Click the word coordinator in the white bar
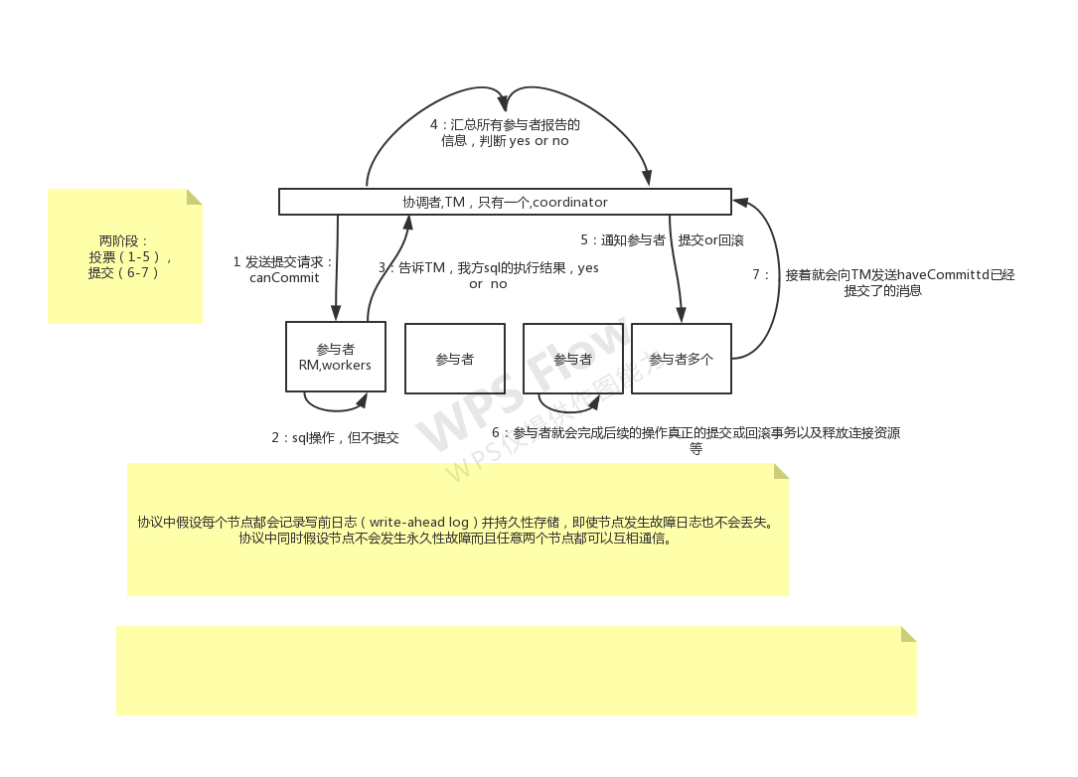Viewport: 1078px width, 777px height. (x=570, y=202)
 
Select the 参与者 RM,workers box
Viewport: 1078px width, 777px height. (x=335, y=358)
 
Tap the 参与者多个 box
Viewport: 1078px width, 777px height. (x=682, y=359)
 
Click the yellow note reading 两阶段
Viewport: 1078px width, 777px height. (x=124, y=256)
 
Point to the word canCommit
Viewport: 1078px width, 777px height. (x=284, y=277)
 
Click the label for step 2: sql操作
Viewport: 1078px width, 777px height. (x=335, y=437)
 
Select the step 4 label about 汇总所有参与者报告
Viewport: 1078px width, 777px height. (x=505, y=133)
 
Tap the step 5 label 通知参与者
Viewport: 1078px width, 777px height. (x=662, y=240)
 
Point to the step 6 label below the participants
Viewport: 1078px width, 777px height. (x=695, y=440)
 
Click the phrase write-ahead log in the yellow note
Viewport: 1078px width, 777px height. (x=418, y=523)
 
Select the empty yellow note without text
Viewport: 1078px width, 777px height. (x=516, y=671)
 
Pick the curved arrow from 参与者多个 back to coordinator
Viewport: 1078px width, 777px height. (x=769, y=278)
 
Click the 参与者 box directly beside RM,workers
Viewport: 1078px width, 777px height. (x=454, y=359)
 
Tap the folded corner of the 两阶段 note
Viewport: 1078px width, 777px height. (x=195, y=197)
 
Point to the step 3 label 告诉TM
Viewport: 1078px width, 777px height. (x=487, y=275)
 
